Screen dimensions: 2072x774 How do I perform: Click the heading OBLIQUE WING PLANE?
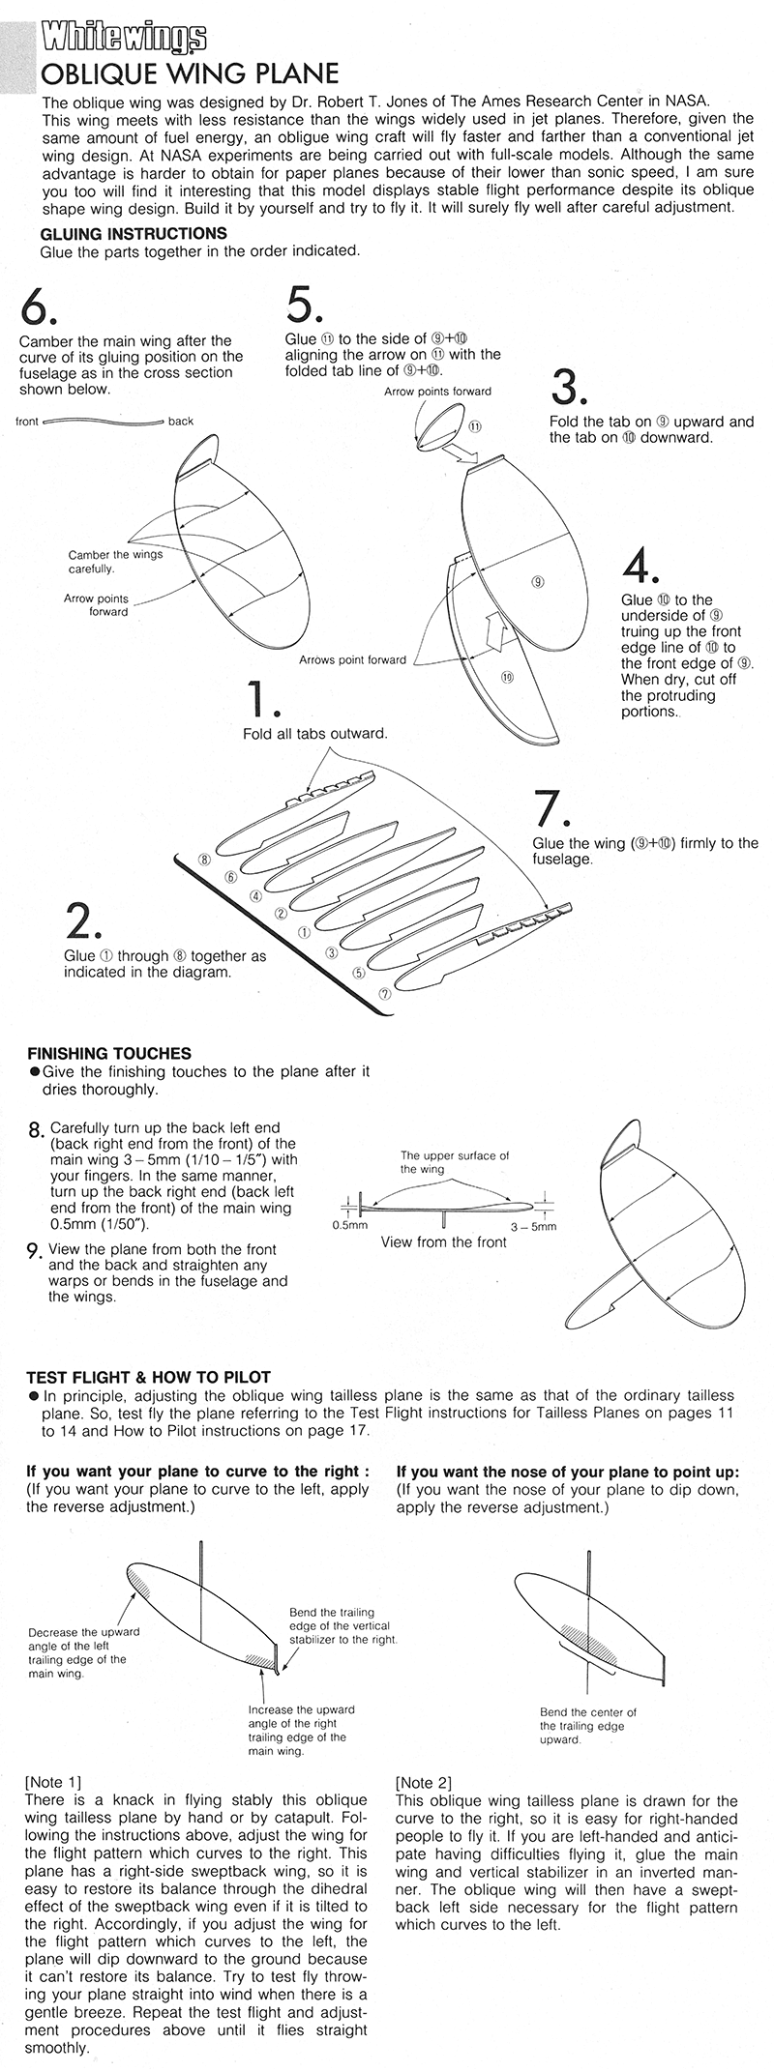pos(189,74)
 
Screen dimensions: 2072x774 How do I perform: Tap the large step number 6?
pos(39,308)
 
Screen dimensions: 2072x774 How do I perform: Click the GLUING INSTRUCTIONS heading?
pos(134,234)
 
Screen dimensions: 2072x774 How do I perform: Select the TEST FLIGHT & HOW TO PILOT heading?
pos(148,1377)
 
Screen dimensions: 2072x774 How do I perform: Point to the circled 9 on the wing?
pos(538,581)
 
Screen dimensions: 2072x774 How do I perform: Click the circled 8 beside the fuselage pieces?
pos(204,859)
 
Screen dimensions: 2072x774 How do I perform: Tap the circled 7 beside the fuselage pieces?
pos(384,992)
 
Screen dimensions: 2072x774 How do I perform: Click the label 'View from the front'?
pos(444,1241)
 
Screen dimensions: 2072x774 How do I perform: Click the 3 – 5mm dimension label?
pos(538,1226)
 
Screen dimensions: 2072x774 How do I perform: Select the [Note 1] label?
pos(54,1780)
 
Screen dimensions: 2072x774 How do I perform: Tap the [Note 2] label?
pos(424,1781)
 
